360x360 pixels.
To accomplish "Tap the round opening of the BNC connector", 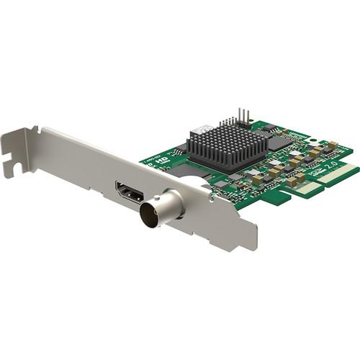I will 152,212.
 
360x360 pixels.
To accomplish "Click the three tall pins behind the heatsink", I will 243,115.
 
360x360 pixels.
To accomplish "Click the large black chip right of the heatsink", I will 280,142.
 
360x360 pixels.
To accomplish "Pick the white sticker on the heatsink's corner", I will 204,130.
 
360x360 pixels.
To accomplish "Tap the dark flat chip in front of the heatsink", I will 193,172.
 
